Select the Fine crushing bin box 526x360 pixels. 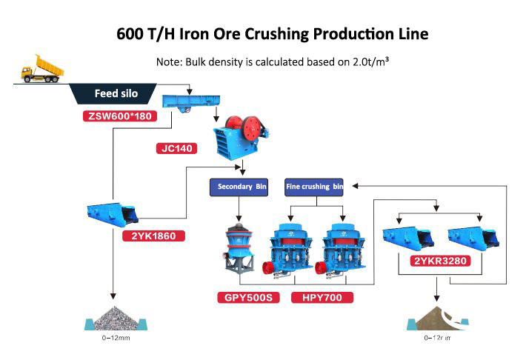click(x=314, y=187)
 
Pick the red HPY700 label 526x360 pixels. click(x=322, y=298)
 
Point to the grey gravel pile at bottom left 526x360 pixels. click(x=112, y=317)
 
